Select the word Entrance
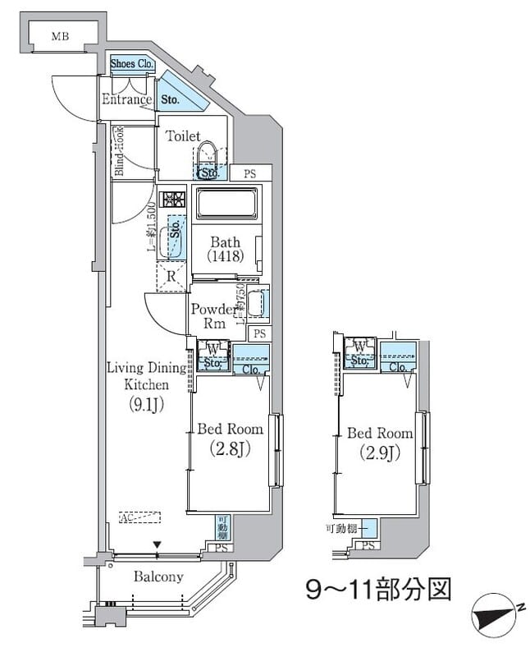point(126,100)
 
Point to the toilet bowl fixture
point(208,156)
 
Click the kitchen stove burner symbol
point(173,200)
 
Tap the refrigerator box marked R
point(171,276)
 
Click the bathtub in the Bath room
point(224,203)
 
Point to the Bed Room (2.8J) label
point(230,439)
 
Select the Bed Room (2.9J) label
point(379,443)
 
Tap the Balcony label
point(158,577)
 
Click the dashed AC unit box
point(139,517)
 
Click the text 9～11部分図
point(378,589)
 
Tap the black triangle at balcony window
point(158,544)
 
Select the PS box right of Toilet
point(248,173)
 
